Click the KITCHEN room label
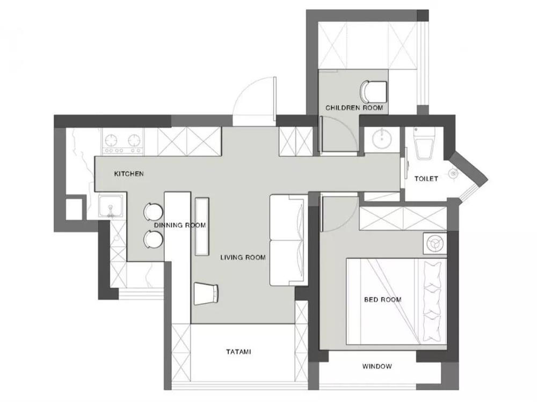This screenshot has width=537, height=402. pyautogui.click(x=129, y=174)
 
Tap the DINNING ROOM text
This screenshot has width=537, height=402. pyautogui.click(x=180, y=225)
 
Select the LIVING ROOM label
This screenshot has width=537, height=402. pyautogui.click(x=243, y=257)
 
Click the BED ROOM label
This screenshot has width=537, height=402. pyautogui.click(x=382, y=299)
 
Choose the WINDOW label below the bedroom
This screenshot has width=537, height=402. pyautogui.click(x=376, y=367)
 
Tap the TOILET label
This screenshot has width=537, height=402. pyautogui.click(x=426, y=178)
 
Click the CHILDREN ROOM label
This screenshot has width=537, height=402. pyautogui.click(x=354, y=108)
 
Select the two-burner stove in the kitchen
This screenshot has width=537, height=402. pyautogui.click(x=124, y=142)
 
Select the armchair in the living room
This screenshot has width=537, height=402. pyautogui.click(x=207, y=293)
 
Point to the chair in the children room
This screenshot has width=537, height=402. pyautogui.click(x=374, y=91)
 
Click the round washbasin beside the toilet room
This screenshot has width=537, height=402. pyautogui.click(x=381, y=140)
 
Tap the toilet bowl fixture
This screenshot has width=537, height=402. pyautogui.click(x=424, y=144)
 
